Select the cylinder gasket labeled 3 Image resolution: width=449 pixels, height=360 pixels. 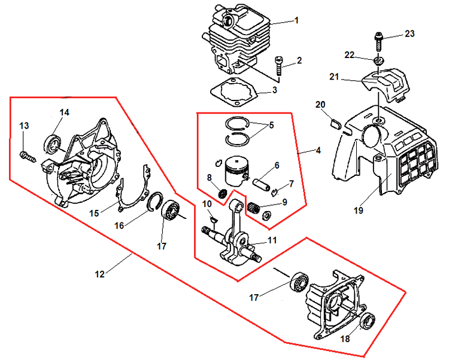pos(233,93)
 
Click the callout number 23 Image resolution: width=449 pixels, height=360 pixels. pos(409,34)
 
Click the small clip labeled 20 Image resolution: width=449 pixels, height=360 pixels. pos(336,123)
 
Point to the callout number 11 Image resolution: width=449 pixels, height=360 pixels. pos(272,240)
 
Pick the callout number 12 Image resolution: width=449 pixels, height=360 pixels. pos(100,274)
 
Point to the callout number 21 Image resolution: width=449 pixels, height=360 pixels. pos(334,77)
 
